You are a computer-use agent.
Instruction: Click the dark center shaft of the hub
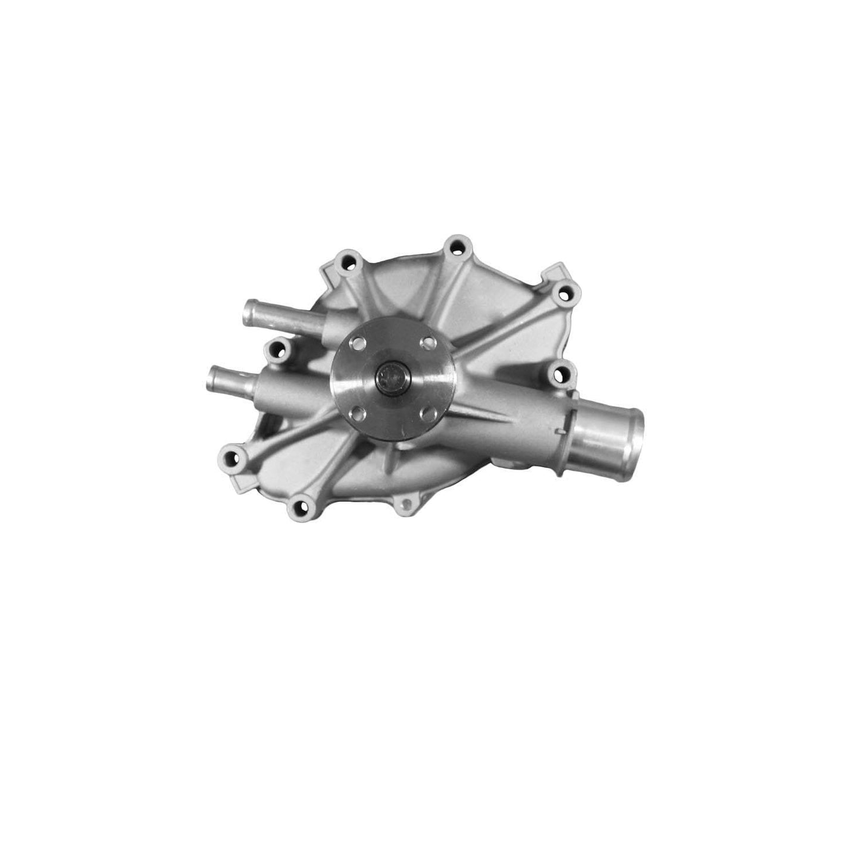390,376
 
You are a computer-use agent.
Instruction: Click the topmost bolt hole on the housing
456,244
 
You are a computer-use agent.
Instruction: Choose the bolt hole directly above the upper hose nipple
347,262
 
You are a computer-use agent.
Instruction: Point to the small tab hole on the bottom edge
406,504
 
